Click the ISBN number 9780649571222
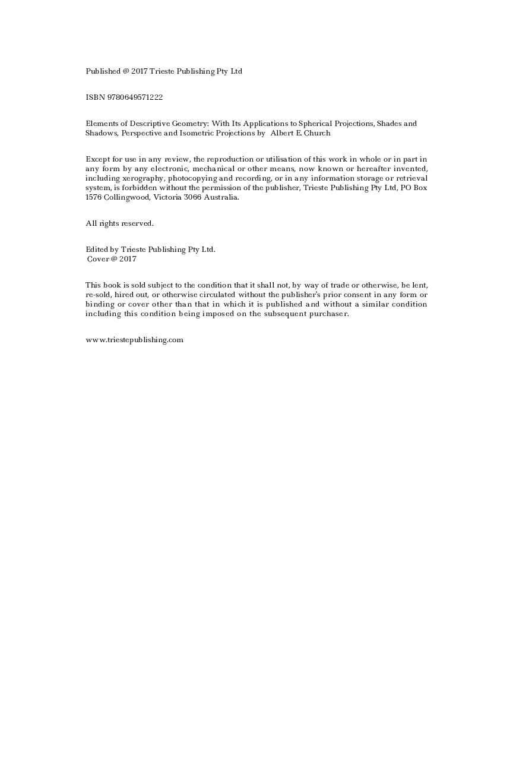[135, 97]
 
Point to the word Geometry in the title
[189, 124]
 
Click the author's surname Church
[317, 133]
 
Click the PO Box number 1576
[93, 197]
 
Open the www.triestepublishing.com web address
[134, 340]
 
